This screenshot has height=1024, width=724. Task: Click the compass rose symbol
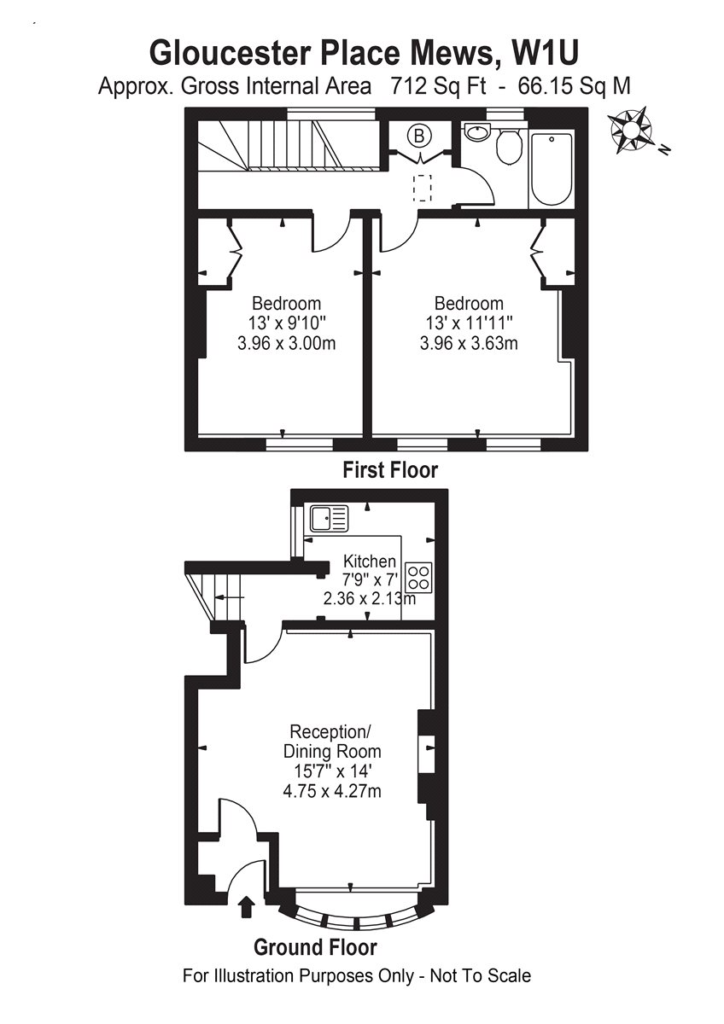[x=633, y=130]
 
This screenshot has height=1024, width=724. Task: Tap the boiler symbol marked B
[x=419, y=135]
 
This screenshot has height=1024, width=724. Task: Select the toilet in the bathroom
[x=509, y=146]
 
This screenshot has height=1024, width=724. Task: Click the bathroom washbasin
[x=476, y=133]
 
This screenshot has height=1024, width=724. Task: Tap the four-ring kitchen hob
[x=419, y=578]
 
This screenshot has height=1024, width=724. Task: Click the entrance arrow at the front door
[x=248, y=905]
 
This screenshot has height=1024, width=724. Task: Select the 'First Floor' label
[x=390, y=469]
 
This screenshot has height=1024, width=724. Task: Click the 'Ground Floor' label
[x=315, y=947]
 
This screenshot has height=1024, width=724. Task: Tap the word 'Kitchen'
[x=369, y=561]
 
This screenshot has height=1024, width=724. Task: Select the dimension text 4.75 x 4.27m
[x=331, y=791]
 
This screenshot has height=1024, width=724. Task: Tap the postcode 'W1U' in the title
[x=546, y=53]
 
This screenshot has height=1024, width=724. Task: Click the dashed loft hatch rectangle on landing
[x=423, y=186]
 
